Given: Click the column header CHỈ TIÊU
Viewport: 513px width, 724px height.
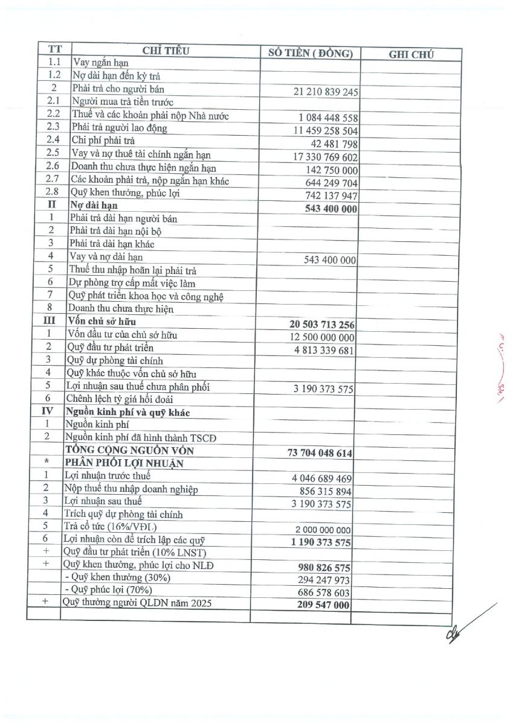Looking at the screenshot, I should (x=166, y=51).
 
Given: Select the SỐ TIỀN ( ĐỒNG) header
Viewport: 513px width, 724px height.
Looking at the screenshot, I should (x=310, y=53).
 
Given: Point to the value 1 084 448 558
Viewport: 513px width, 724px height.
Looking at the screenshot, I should (x=328, y=118).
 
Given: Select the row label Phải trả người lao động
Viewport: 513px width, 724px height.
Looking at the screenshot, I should (x=119, y=128).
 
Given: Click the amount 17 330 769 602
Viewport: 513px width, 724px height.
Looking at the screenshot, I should (x=326, y=157).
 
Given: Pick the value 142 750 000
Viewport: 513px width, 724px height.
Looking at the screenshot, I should (x=332, y=170).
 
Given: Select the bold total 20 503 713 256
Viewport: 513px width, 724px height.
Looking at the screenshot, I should (x=322, y=325).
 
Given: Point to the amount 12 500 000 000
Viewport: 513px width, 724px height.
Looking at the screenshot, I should (x=322, y=337).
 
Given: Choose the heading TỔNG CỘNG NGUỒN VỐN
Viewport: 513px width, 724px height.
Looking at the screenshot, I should (x=130, y=450).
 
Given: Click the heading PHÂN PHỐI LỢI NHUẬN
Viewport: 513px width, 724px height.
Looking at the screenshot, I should (x=125, y=463).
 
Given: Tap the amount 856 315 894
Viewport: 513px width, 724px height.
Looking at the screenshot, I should (x=325, y=492).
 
